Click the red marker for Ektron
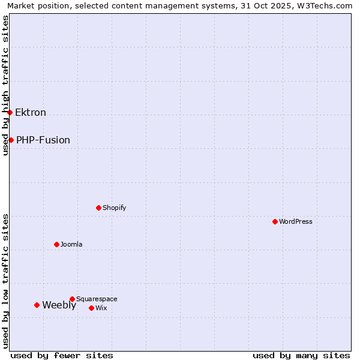pos(10,112)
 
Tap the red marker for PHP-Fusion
pos(11,140)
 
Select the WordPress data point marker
pos(275,221)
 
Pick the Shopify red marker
pos(98,208)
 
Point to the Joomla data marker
pos(56,244)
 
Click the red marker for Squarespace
pos(72,299)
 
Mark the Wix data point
pos(91,308)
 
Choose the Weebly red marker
pos(37,305)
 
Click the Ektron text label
pos(31,112)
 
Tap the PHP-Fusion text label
pos(43,140)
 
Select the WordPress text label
pos(296,221)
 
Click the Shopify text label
pos(115,208)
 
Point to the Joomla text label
pos(71,244)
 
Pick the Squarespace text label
pos(97,299)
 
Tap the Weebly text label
pos(59,305)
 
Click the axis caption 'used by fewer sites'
pos(62,355)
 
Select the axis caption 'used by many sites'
pos(301,355)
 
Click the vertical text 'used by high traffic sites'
pos(5,85)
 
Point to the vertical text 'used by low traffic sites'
pos(5,281)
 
